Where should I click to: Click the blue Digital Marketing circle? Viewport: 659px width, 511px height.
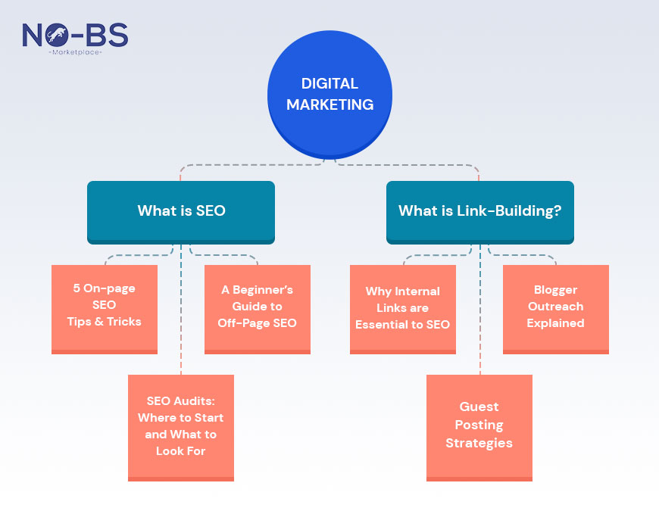coord(329,95)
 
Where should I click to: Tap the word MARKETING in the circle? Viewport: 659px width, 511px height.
coord(329,104)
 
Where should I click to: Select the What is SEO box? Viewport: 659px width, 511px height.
coord(181,211)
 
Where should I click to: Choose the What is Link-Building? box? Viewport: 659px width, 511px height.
coord(479,211)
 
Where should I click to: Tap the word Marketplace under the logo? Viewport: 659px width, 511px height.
coord(75,52)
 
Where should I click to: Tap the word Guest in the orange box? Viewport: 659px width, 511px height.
coord(479,407)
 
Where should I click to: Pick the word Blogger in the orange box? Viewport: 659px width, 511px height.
coord(555,290)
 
